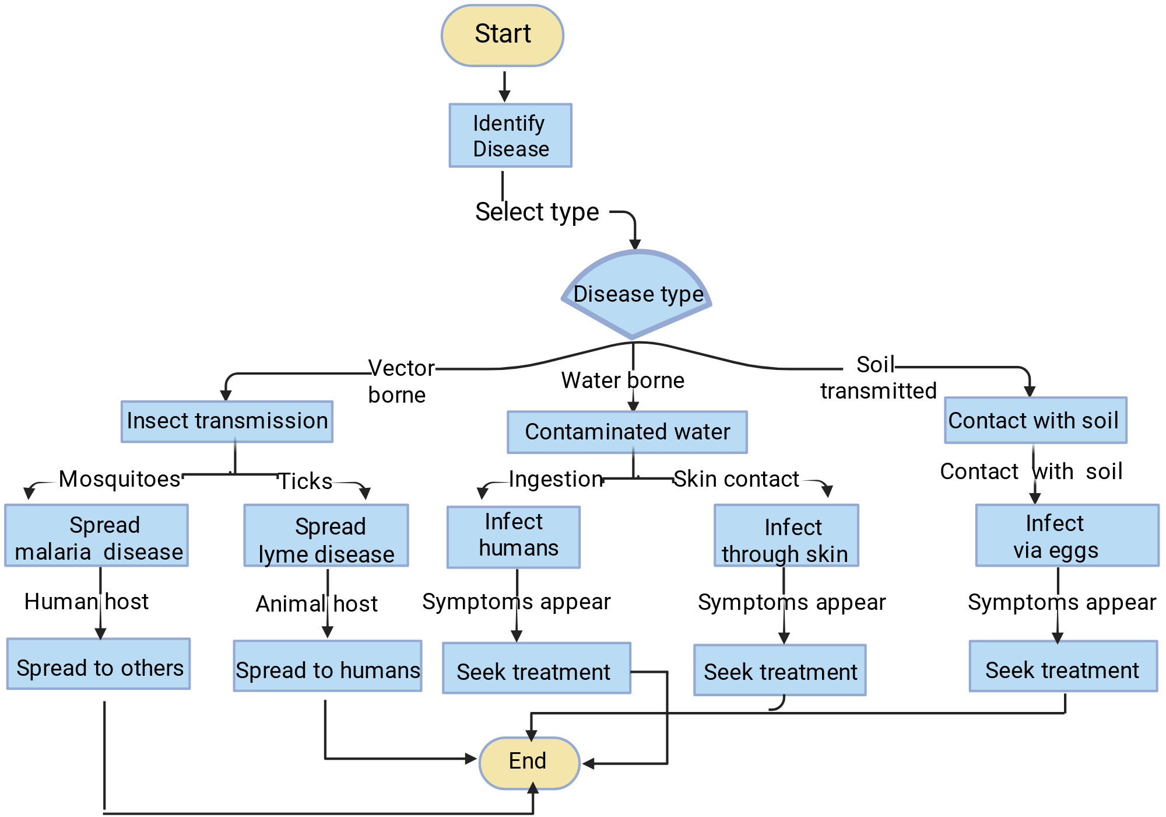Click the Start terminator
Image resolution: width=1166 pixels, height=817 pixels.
tap(503, 36)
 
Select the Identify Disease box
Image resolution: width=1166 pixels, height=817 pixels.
tap(511, 135)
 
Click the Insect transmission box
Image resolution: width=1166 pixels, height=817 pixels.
tap(227, 421)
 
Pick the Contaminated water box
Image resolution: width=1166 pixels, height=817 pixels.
tap(627, 432)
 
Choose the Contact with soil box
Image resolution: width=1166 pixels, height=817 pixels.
tap(1035, 420)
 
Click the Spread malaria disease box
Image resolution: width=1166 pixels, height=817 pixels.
tap(97, 536)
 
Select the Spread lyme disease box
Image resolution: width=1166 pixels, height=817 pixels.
tap(326, 536)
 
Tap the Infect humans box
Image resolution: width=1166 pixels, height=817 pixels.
tap(514, 537)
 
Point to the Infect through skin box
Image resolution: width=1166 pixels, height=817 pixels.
tap(786, 536)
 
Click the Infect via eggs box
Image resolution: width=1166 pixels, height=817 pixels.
tap(1067, 536)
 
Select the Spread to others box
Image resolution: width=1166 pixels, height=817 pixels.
tap(99, 664)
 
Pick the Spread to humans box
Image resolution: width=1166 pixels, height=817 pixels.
tap(328, 666)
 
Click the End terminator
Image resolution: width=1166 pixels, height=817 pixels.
tap(529, 763)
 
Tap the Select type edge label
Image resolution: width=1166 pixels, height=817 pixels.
tap(537, 212)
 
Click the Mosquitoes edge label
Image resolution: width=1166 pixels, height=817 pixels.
tap(120, 479)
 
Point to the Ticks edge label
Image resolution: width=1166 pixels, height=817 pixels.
tap(305, 481)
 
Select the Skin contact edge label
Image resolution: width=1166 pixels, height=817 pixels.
tap(736, 479)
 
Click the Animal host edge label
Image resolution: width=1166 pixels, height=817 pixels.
tap(317, 604)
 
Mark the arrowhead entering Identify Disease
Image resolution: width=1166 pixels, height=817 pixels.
tap(505, 97)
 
